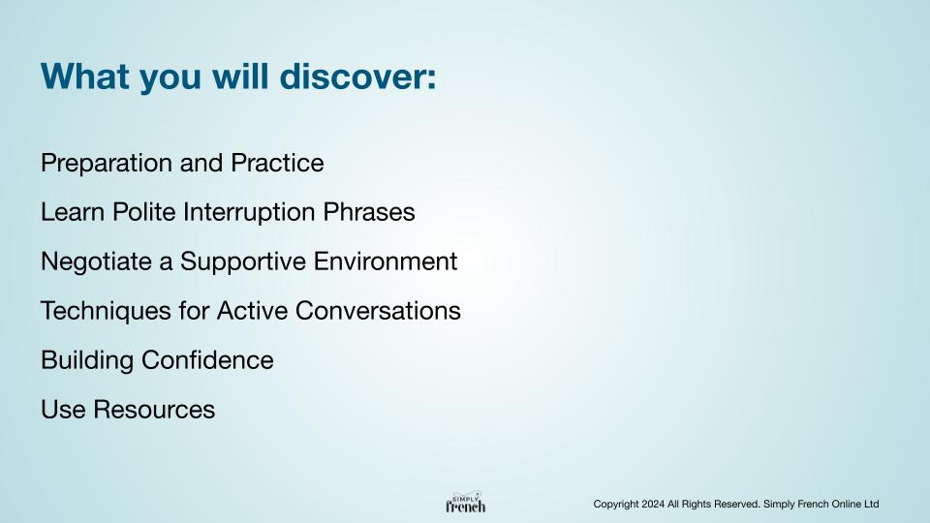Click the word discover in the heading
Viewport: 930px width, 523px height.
coord(357,76)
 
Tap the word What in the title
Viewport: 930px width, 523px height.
coord(85,76)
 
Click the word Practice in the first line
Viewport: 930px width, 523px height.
coord(278,163)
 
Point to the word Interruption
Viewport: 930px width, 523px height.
coord(249,212)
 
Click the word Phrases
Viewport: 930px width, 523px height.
coord(369,212)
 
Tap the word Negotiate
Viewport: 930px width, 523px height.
coord(96,261)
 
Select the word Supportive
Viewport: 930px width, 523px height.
coord(242,261)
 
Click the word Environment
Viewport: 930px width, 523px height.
coord(385,261)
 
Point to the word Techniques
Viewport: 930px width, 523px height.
coord(106,311)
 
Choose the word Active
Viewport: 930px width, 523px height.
coord(252,310)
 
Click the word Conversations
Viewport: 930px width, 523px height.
coord(378,310)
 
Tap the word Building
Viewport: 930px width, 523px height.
coord(87,360)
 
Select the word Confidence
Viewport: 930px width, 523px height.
coord(207,360)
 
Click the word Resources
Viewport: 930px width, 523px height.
coord(154,409)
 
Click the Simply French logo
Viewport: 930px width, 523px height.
coord(466,503)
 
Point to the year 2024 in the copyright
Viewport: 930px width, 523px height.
coord(653,504)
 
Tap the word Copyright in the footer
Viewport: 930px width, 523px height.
coord(616,505)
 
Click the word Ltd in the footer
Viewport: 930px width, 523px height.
coord(871,504)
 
